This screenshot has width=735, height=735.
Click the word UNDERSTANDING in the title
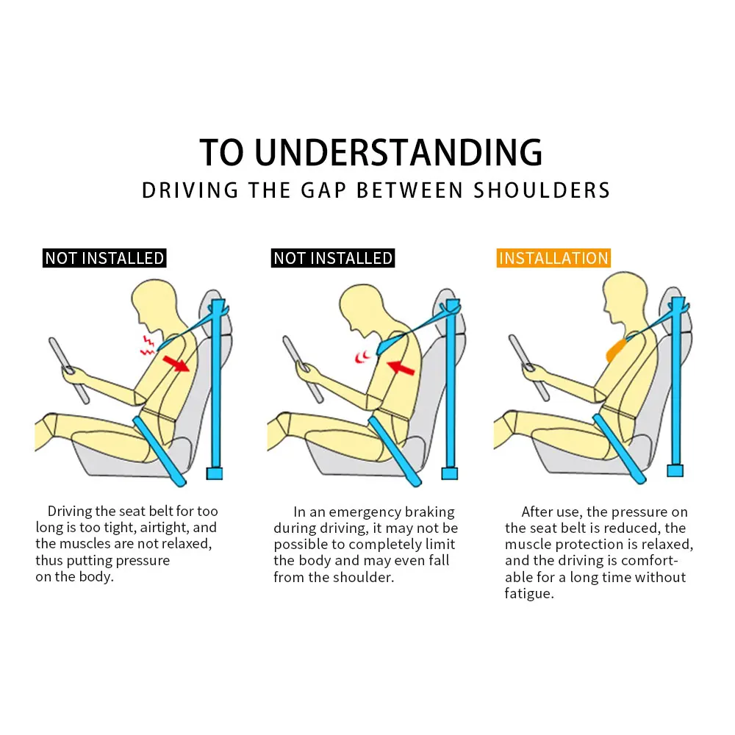(x=398, y=152)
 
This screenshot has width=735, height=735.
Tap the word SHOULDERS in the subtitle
(x=542, y=190)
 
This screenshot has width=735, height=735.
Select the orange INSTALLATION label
(x=553, y=258)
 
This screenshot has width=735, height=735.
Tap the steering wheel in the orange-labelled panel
(x=528, y=367)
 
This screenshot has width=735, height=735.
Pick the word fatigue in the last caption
(x=528, y=593)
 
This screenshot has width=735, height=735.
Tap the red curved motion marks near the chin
(x=362, y=358)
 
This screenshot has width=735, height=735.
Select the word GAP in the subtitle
(x=318, y=190)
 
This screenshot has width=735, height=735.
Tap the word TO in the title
(x=222, y=152)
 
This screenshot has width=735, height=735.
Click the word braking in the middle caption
(x=427, y=512)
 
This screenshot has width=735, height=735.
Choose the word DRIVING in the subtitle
(x=190, y=190)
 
